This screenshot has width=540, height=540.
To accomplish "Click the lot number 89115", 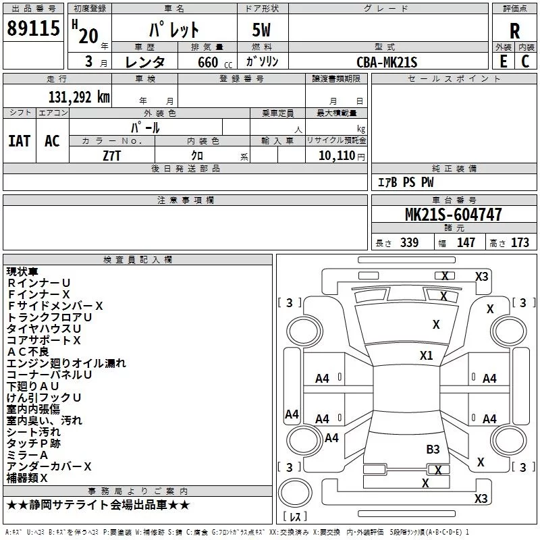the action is point(33,28).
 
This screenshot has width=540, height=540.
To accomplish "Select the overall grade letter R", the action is point(514,31).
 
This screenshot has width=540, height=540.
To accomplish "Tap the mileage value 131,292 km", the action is point(79,97).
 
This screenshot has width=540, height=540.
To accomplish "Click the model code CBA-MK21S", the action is point(387,62).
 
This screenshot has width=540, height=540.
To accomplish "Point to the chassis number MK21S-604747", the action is point(453,215).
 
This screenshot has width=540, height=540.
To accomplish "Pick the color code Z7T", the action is point(111,156).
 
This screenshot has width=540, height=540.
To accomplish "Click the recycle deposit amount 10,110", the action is point(336,156).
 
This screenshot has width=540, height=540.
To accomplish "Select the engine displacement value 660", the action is point(208,62).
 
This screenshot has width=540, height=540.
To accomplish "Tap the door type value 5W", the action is point(261,30).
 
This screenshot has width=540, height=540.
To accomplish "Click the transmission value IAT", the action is point(19,141).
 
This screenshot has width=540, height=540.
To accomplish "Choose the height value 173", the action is point(520,242).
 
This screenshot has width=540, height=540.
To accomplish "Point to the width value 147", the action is point(466,242).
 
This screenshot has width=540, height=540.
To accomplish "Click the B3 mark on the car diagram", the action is point(433,450).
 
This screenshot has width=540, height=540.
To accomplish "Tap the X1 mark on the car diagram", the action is point(426,356).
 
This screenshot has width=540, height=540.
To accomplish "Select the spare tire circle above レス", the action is point(295,492).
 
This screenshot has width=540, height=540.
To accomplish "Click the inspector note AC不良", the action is point(28,352).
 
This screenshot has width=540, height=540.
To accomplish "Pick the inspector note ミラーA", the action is point(27,455).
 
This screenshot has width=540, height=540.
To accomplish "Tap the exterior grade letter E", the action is point(503,61).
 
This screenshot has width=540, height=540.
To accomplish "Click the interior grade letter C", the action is point(525,61).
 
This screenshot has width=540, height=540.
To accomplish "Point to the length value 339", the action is point(410,242).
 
